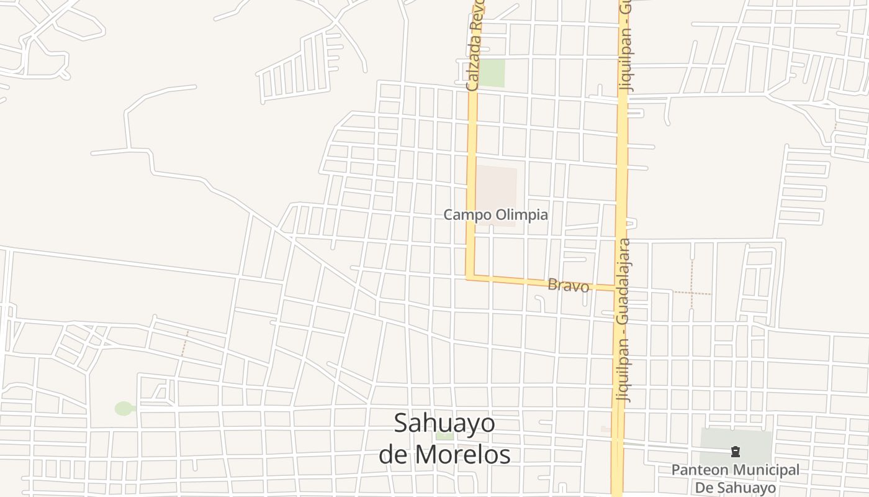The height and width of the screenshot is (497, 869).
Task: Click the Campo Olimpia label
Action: click(x=495, y=215)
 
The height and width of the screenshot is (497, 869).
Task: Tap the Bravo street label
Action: click(x=568, y=286)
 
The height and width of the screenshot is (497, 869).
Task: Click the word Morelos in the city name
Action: click(x=462, y=454)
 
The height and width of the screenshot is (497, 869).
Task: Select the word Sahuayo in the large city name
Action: click(x=444, y=424)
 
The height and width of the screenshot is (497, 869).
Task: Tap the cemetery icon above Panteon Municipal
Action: click(x=736, y=452)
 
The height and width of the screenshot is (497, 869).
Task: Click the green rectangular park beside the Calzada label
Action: click(x=492, y=73)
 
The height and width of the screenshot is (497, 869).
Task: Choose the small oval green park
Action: click(x=124, y=408)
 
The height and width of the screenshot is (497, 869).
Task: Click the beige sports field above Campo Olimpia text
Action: click(x=497, y=186)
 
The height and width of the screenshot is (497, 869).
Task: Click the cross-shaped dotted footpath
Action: click(x=691, y=291)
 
